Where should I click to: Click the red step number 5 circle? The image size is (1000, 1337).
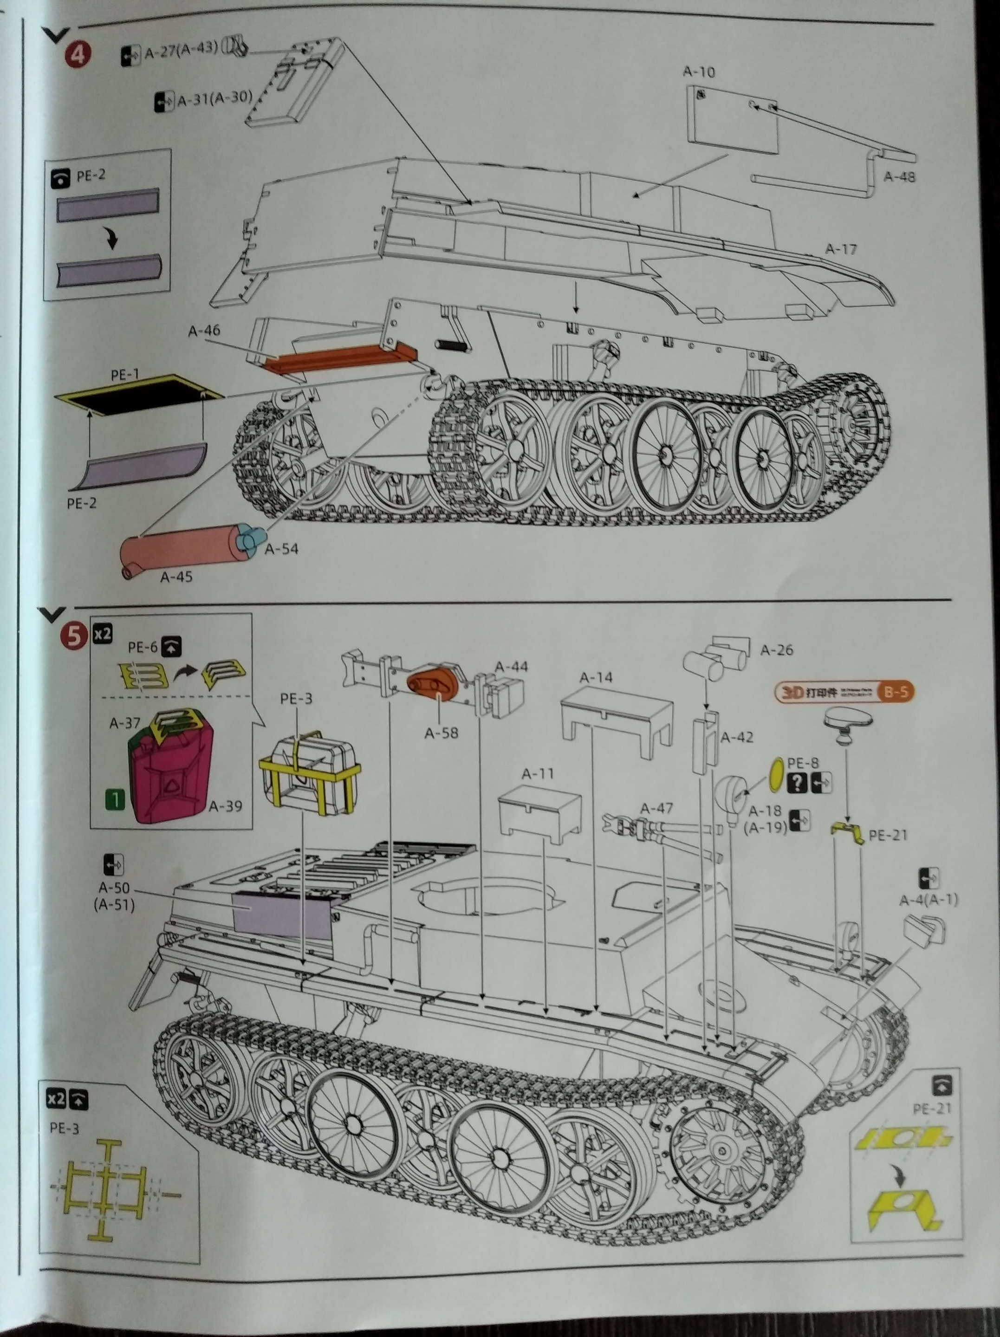click(x=74, y=636)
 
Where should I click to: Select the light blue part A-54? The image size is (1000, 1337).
click(x=252, y=536)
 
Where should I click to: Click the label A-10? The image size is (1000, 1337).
click(x=698, y=72)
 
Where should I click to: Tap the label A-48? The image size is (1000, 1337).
click(x=899, y=176)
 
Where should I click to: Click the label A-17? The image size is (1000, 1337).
click(x=841, y=249)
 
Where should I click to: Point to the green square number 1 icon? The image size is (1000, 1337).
click(x=115, y=800)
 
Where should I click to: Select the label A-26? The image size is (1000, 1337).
click(x=776, y=650)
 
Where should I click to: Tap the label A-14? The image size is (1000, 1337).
click(x=596, y=678)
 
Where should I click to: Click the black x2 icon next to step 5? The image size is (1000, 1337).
click(x=102, y=634)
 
